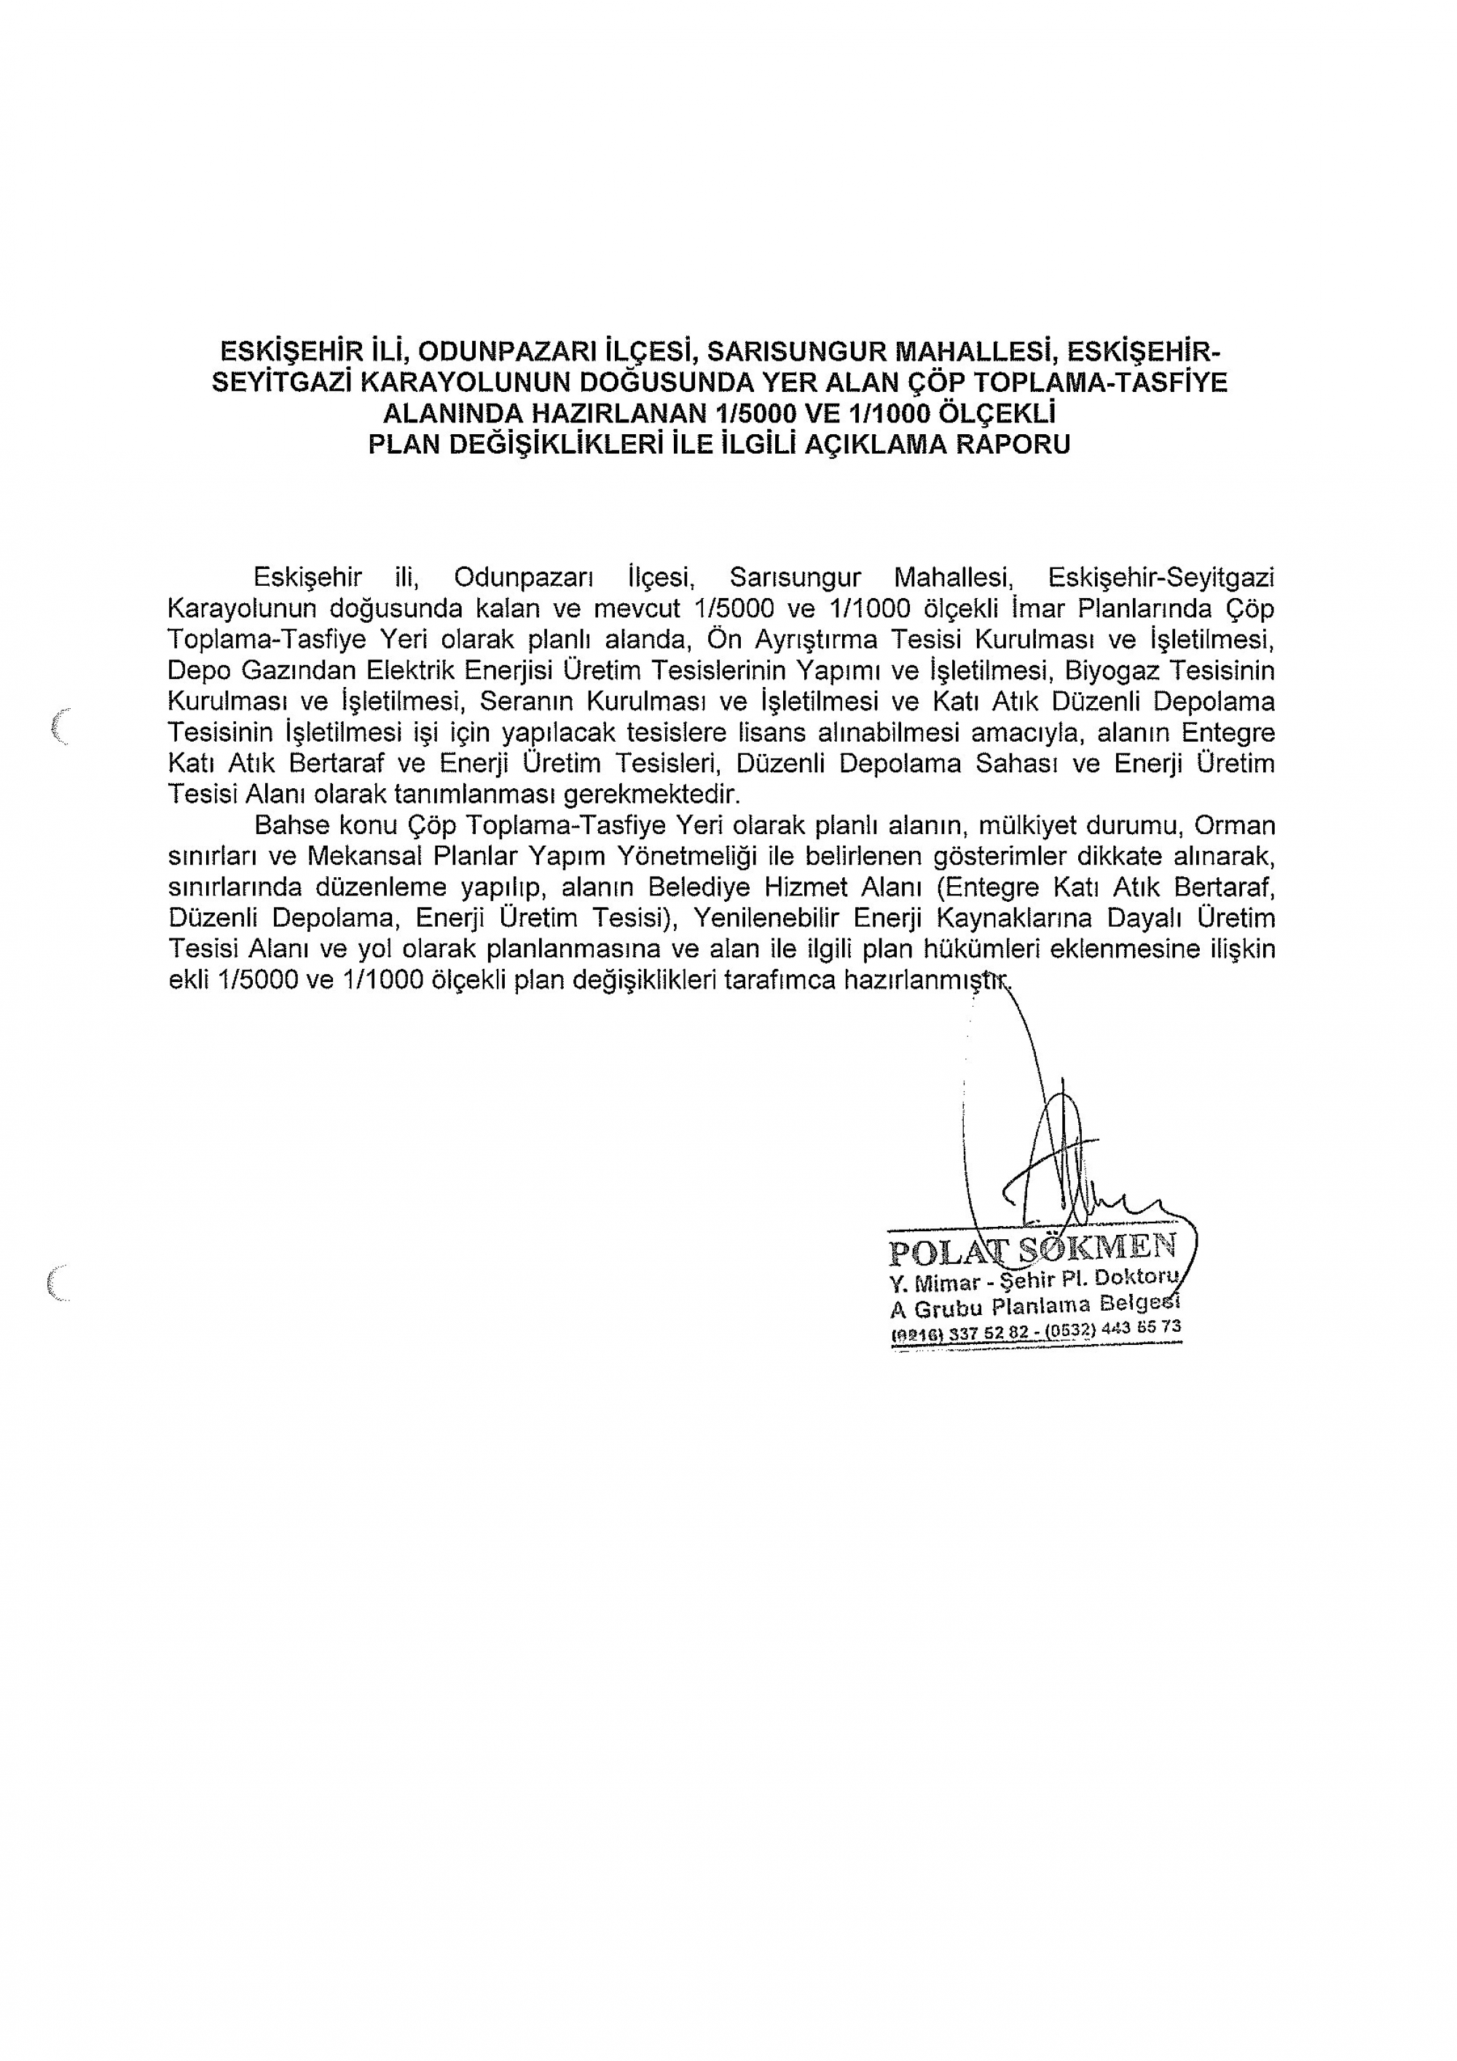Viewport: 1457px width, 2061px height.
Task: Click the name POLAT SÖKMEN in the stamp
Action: point(1032,1249)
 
